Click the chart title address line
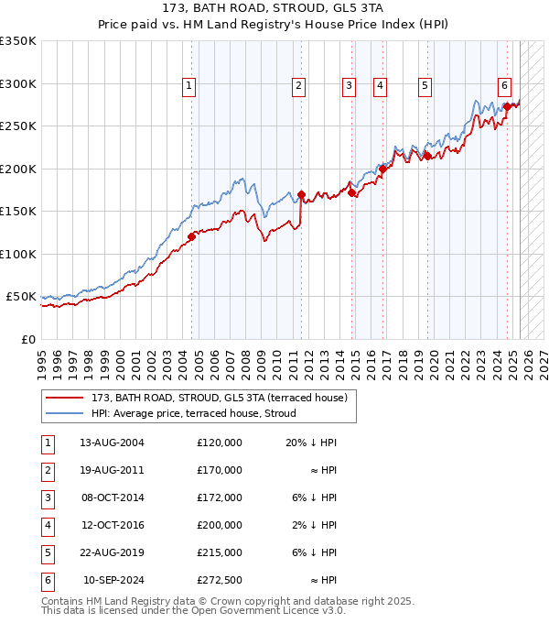274,8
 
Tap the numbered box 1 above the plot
188,86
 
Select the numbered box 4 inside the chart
379,86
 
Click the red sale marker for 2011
301,195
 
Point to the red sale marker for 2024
507,107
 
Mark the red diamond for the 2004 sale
191,237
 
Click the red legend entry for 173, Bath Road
219,398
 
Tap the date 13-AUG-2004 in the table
113,443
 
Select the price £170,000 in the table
219,470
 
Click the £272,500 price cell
219,580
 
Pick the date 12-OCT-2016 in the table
113,525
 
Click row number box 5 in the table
47,552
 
